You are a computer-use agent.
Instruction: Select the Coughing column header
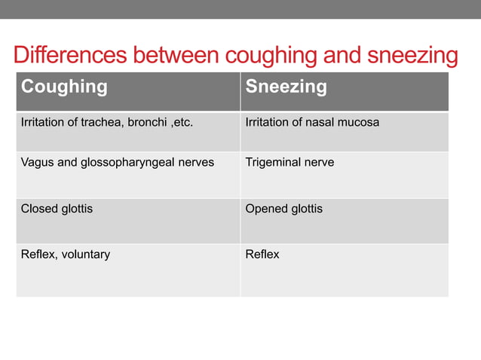tap(64, 87)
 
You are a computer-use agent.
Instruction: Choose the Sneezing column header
tap(286, 87)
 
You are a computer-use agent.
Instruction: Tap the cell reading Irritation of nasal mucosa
tap(312, 123)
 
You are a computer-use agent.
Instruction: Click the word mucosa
tap(359, 123)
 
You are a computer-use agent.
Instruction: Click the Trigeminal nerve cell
tap(290, 163)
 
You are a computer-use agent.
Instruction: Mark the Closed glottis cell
tap(57, 209)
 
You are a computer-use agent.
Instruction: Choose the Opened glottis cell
tap(284, 209)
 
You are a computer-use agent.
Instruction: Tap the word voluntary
tap(84, 255)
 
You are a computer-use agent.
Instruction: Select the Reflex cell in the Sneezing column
tap(262, 255)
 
